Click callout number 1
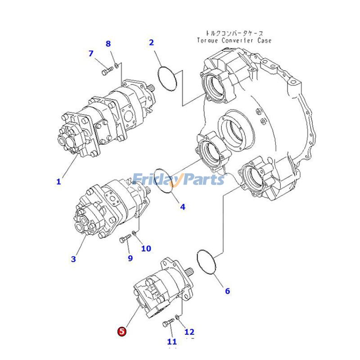pyautogui.click(x=58, y=182)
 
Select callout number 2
pyautogui.click(x=152, y=43)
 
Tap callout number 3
pyautogui.click(x=73, y=259)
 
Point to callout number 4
pyautogui.click(x=183, y=207)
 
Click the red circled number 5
pyautogui.click(x=122, y=332)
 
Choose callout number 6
pyautogui.click(x=227, y=291)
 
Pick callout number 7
pyautogui.click(x=91, y=54)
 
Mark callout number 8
pyautogui.click(x=108, y=44)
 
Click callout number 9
pyautogui.click(x=130, y=258)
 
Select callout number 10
pyautogui.click(x=146, y=248)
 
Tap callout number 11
pyautogui.click(x=172, y=342)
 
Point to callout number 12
pyautogui.click(x=189, y=332)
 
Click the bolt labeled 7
pyautogui.click(x=107, y=71)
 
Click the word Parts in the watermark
pyautogui.click(x=202, y=180)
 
